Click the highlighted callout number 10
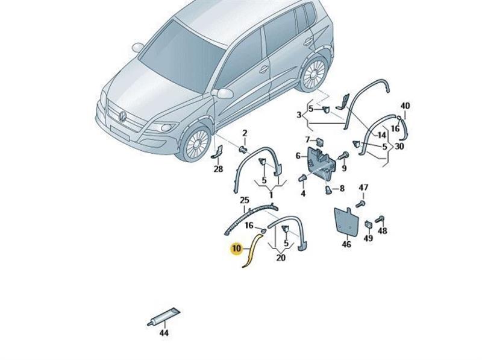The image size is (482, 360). pyautogui.click(x=236, y=248)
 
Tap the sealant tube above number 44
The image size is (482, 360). pyautogui.click(x=164, y=317)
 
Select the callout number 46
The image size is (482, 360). pyautogui.click(x=346, y=244)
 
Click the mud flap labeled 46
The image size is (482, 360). pyautogui.click(x=346, y=221)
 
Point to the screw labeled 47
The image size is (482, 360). pyautogui.click(x=361, y=203)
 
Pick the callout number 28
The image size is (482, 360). pyautogui.click(x=218, y=169)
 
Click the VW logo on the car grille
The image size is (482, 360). pyautogui.click(x=123, y=116)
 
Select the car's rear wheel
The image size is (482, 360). pyautogui.click(x=315, y=74)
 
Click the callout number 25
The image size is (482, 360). pyautogui.click(x=245, y=200)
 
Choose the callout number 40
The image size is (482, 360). pyautogui.click(x=405, y=106)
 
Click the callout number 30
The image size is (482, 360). pyautogui.click(x=399, y=146)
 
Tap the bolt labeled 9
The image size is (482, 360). pyautogui.click(x=343, y=155)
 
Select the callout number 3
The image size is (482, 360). pyautogui.click(x=299, y=115)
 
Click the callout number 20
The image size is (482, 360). pyautogui.click(x=281, y=257)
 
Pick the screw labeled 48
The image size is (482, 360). pyautogui.click(x=380, y=219)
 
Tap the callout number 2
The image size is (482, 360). pyautogui.click(x=245, y=133)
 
